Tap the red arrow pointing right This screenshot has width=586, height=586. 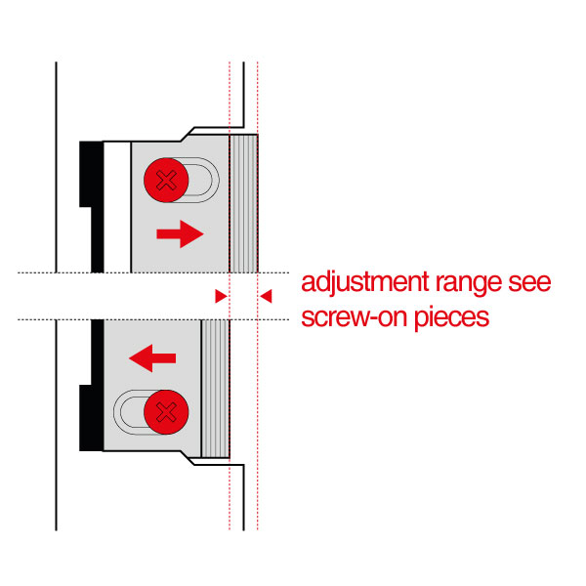click(180, 233)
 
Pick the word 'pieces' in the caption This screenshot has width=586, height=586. click(448, 318)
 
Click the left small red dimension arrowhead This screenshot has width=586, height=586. click(221, 295)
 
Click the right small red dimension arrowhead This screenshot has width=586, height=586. click(265, 295)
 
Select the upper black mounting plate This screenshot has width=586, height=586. click(91, 205)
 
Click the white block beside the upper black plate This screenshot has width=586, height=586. click(116, 205)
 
